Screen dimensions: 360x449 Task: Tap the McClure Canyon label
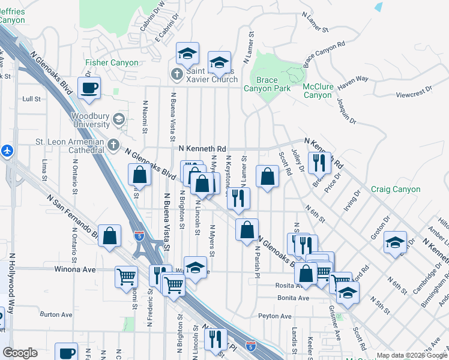[x=318, y=91]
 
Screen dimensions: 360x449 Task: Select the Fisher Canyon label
[x=112, y=62]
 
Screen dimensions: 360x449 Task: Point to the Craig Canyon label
[x=396, y=189]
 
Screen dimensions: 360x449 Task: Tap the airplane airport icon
[x=7, y=150]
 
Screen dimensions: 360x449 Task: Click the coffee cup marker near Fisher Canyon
[x=89, y=88]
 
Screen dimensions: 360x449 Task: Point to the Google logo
[x=20, y=353]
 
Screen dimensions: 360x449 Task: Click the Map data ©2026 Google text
[x=411, y=355]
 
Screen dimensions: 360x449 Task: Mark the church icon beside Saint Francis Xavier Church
[x=176, y=74]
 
